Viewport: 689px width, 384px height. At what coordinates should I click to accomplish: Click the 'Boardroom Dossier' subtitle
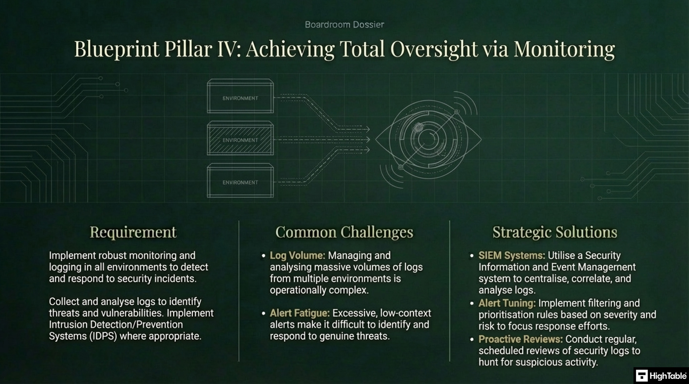(x=344, y=25)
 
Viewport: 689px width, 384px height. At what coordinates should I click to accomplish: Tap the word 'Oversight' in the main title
(x=434, y=49)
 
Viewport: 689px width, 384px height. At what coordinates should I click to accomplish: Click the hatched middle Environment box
(x=240, y=139)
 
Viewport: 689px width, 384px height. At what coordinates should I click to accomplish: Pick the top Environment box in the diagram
(x=240, y=97)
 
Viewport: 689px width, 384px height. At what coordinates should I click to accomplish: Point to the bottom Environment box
(x=240, y=182)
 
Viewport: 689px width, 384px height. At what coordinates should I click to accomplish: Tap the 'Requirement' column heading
(x=133, y=232)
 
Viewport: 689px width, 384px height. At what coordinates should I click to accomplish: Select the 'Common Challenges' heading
(x=344, y=232)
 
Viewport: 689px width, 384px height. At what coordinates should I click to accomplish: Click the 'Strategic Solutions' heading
(x=555, y=232)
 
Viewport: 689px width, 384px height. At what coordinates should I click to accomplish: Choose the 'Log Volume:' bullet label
(x=297, y=255)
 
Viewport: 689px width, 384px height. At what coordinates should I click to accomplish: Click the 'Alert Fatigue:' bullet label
(x=300, y=313)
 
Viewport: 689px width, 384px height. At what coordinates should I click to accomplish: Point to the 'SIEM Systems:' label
(x=512, y=255)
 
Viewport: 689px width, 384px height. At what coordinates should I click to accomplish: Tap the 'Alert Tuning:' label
(x=507, y=303)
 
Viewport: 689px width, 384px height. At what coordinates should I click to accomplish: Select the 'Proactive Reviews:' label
(x=520, y=339)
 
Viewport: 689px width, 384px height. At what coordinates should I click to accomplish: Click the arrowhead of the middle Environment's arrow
(x=368, y=139)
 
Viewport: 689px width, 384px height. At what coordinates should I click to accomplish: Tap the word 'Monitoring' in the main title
(x=564, y=49)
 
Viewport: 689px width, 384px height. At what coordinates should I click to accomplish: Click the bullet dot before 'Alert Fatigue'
(x=263, y=313)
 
